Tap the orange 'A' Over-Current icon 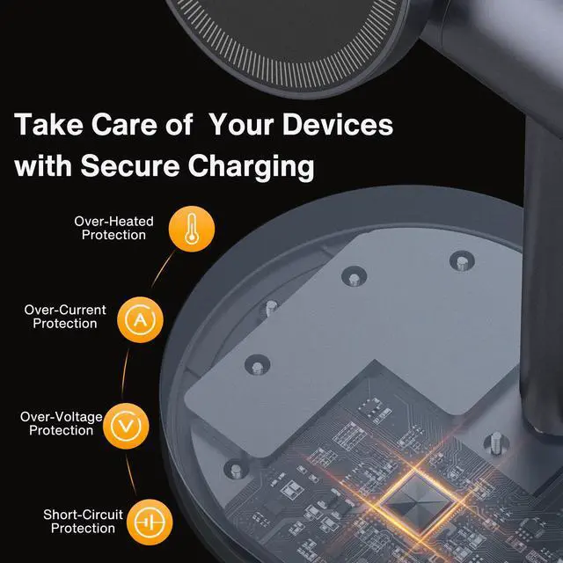coord(138,318)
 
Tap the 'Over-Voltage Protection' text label coord(61,424)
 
